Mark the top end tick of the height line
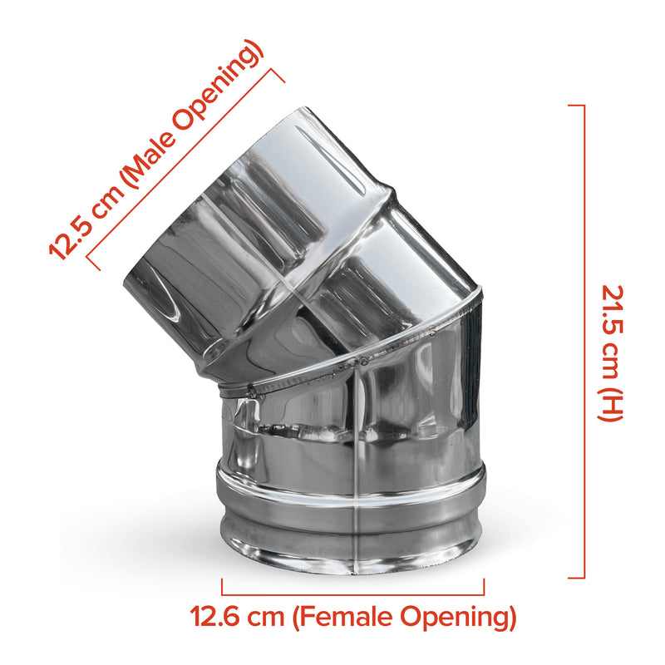click(x=576, y=106)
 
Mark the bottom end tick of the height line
click(x=576, y=578)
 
